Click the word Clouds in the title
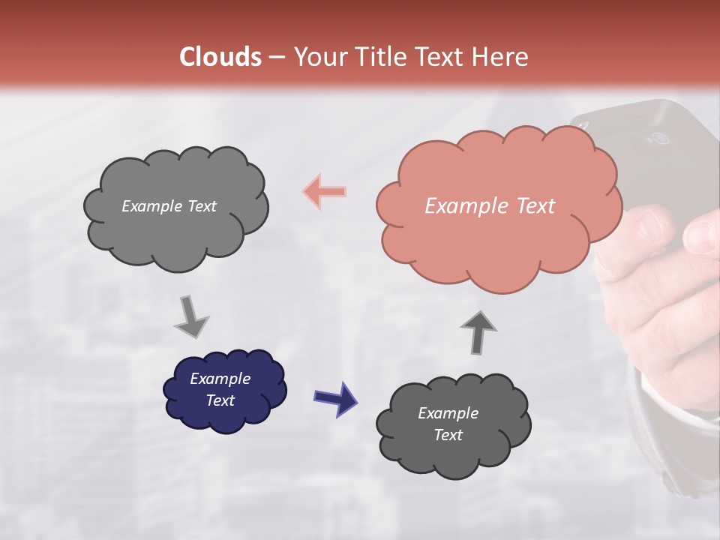click(220, 57)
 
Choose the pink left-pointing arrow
click(325, 191)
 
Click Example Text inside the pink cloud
click(490, 206)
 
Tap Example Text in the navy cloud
click(220, 389)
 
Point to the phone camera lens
click(661, 138)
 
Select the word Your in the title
click(320, 57)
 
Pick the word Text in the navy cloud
click(220, 400)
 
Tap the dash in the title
click(276, 57)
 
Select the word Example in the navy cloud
click(220, 379)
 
